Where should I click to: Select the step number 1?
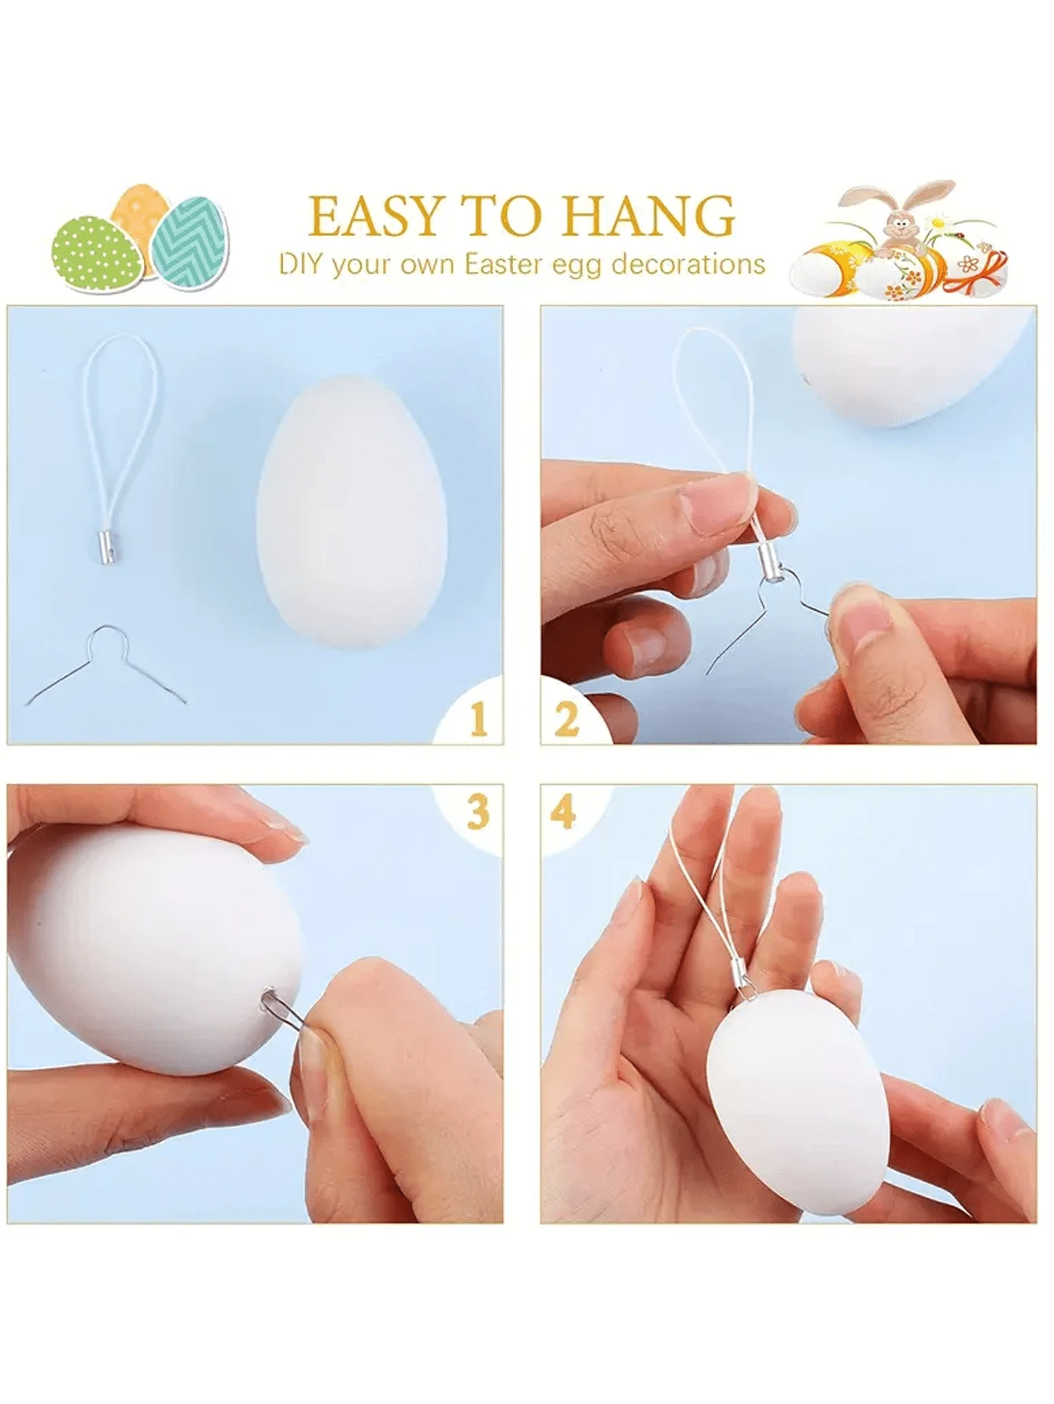pyautogui.click(x=477, y=719)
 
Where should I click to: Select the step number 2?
pyautogui.click(x=566, y=718)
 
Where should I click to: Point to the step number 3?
pyautogui.click(x=478, y=812)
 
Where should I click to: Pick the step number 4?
pyautogui.click(x=564, y=811)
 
